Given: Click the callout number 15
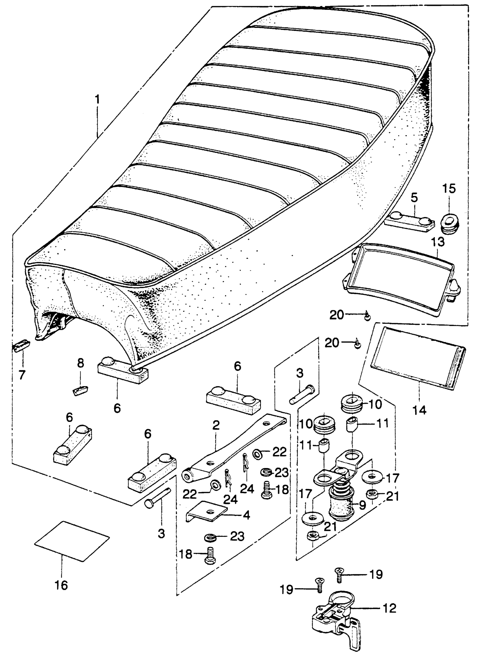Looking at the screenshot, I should pyautogui.click(x=449, y=189).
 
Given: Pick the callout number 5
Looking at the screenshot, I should pyautogui.click(x=414, y=198).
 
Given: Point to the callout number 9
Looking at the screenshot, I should pyautogui.click(x=362, y=505).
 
